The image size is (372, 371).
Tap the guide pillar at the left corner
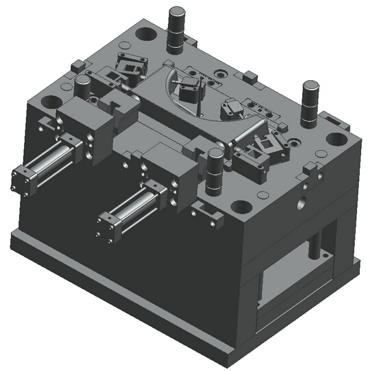pyautogui.click(x=82, y=86)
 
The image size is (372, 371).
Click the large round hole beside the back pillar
pyautogui.click(x=146, y=32)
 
